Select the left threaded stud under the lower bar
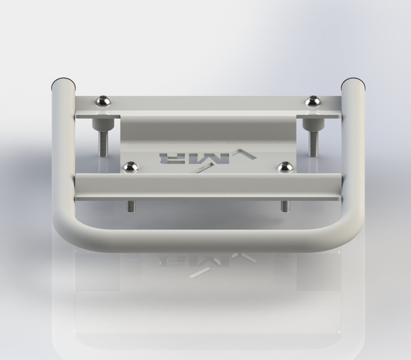130,205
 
